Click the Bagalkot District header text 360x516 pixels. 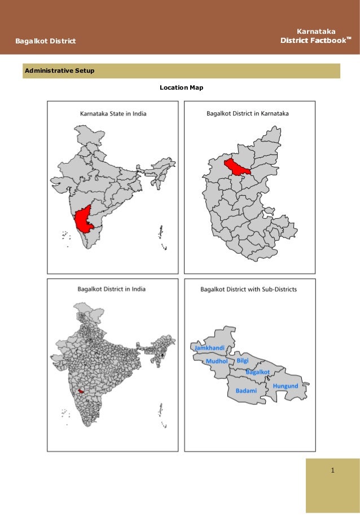[x=46, y=41]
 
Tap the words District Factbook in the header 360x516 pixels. [x=313, y=41]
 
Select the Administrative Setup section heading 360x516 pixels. [x=59, y=71]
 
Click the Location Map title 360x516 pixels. [x=181, y=88]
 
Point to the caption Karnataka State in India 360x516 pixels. [x=113, y=113]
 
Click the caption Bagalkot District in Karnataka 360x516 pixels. [x=248, y=113]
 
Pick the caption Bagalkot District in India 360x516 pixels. [x=111, y=289]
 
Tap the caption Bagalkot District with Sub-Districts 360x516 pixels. [x=249, y=289]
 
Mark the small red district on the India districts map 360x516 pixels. [x=82, y=390]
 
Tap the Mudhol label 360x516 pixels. [x=217, y=360]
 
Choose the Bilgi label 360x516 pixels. [x=243, y=360]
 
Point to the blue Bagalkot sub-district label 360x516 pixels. [x=258, y=372]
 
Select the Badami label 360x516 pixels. [x=246, y=390]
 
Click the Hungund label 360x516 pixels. [x=285, y=386]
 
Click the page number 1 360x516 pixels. [x=333, y=470]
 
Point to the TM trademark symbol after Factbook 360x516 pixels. [x=349, y=38]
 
